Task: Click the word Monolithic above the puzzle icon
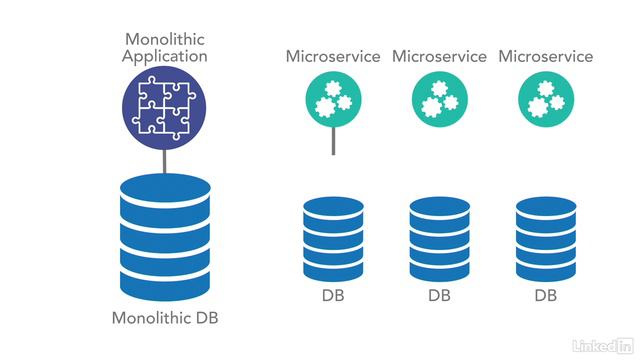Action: [x=165, y=37]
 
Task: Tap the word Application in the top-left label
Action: [x=165, y=56]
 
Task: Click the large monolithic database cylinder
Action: [x=165, y=232]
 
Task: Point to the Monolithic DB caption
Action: [x=165, y=319]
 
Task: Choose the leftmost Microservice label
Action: [x=333, y=56]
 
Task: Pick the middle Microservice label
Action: [x=439, y=56]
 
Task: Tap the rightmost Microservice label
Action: [x=545, y=56]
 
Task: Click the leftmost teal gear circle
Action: [x=333, y=101]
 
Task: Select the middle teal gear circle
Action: [x=439, y=101]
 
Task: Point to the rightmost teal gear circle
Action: [x=545, y=101]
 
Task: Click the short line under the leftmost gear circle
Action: [x=333, y=141]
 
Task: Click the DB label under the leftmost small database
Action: [x=333, y=297]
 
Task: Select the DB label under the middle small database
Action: [x=439, y=297]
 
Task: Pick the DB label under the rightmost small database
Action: [x=545, y=297]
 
